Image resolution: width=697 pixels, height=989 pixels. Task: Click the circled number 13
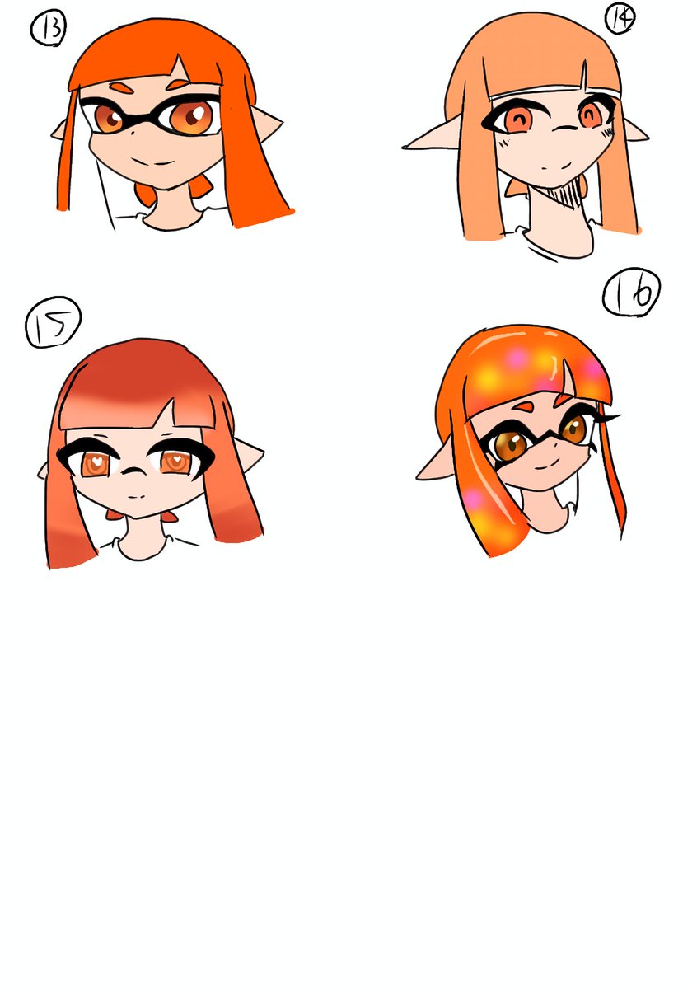click(49, 30)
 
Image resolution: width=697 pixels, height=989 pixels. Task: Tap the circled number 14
click(620, 17)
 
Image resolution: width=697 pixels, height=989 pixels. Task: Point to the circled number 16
click(632, 293)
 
